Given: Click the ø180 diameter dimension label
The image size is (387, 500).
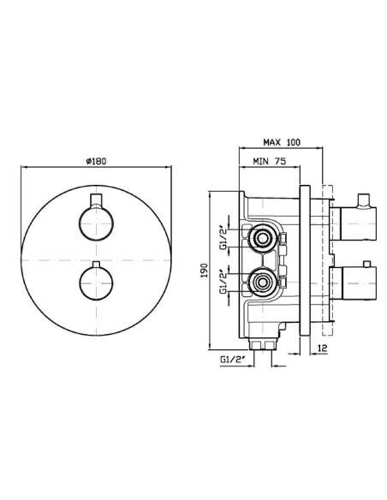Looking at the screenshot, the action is [x=96, y=161].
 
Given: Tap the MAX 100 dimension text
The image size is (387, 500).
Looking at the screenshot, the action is [x=282, y=142].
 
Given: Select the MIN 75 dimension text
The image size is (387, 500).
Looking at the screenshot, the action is [x=270, y=161].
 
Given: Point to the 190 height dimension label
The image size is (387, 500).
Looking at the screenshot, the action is [x=204, y=271].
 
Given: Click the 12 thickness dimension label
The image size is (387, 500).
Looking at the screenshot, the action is [x=323, y=348].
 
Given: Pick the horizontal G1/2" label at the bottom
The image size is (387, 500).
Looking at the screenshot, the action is [x=232, y=360].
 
